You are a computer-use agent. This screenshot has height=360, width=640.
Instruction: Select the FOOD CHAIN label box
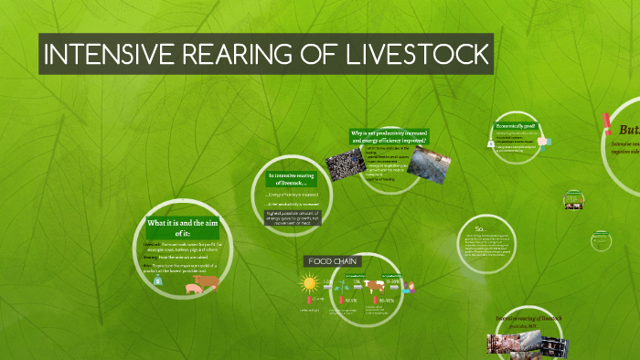coord(334,261)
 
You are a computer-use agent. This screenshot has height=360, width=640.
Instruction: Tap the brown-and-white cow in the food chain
coord(376,285)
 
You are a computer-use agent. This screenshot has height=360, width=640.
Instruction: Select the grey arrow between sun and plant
coord(326,286)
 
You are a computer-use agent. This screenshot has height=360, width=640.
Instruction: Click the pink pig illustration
coord(195,289)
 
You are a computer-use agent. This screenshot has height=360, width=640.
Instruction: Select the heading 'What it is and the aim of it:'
coord(180,228)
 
